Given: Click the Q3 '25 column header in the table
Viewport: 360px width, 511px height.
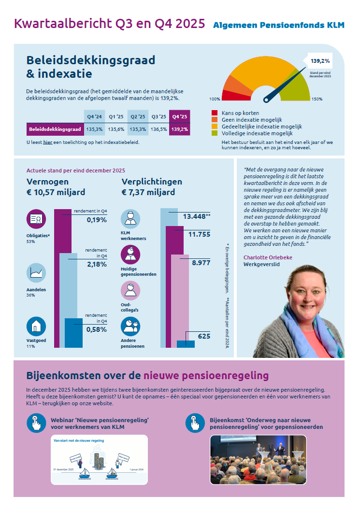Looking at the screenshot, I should [x=159, y=116].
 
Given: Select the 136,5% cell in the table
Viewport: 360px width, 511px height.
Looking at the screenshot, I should [x=159, y=129].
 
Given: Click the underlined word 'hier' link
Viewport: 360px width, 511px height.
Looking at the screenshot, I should [x=47, y=142].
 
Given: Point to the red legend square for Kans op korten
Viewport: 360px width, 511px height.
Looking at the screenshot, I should [x=215, y=113].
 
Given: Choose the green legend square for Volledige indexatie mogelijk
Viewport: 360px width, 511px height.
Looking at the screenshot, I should [x=215, y=133].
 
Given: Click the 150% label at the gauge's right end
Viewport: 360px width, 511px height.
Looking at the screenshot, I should [x=317, y=99].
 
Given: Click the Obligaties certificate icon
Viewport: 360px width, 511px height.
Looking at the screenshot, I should [x=36, y=219].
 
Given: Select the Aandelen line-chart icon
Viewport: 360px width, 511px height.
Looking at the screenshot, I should [x=36, y=273].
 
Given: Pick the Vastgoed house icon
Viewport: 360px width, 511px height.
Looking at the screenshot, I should [x=36, y=327].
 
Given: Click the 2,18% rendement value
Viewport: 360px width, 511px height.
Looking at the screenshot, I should [x=97, y=264].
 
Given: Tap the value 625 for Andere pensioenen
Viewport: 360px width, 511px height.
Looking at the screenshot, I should [x=204, y=336].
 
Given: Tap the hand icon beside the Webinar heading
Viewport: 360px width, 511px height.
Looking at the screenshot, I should [x=36, y=423].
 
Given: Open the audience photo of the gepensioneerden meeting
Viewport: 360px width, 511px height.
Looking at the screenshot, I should [x=258, y=459].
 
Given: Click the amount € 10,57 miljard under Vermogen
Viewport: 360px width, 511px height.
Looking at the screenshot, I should [x=56, y=192].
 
